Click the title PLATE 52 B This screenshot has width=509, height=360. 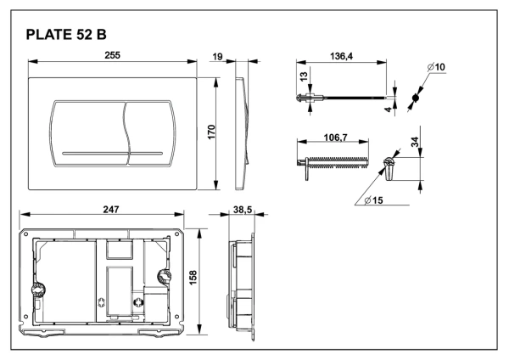pos(66,35)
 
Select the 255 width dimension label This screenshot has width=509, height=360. pos(112,55)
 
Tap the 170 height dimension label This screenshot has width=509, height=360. pos(211,132)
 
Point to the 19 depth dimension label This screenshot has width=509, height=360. pos(217,57)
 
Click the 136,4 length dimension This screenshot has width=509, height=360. pos(341,56)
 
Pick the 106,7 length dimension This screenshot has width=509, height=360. pos(336,138)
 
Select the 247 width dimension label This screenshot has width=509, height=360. pos(111,210)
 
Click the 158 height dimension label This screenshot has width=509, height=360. pos(193,278)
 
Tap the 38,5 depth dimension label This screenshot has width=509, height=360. pos(243,210)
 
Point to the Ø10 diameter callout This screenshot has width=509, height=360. pos(436,67)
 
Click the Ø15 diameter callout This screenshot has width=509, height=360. pos(373,200)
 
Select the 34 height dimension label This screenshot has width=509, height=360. pos(415,142)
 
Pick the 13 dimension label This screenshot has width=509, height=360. pos(303,76)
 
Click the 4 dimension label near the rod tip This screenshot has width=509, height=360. pos(389,110)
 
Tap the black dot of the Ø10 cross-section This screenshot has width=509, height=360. pos(415,98)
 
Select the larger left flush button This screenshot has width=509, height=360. pos(89,133)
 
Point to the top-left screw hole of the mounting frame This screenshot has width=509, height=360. pos(25,234)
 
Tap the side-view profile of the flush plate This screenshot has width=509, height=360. pos(242,133)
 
